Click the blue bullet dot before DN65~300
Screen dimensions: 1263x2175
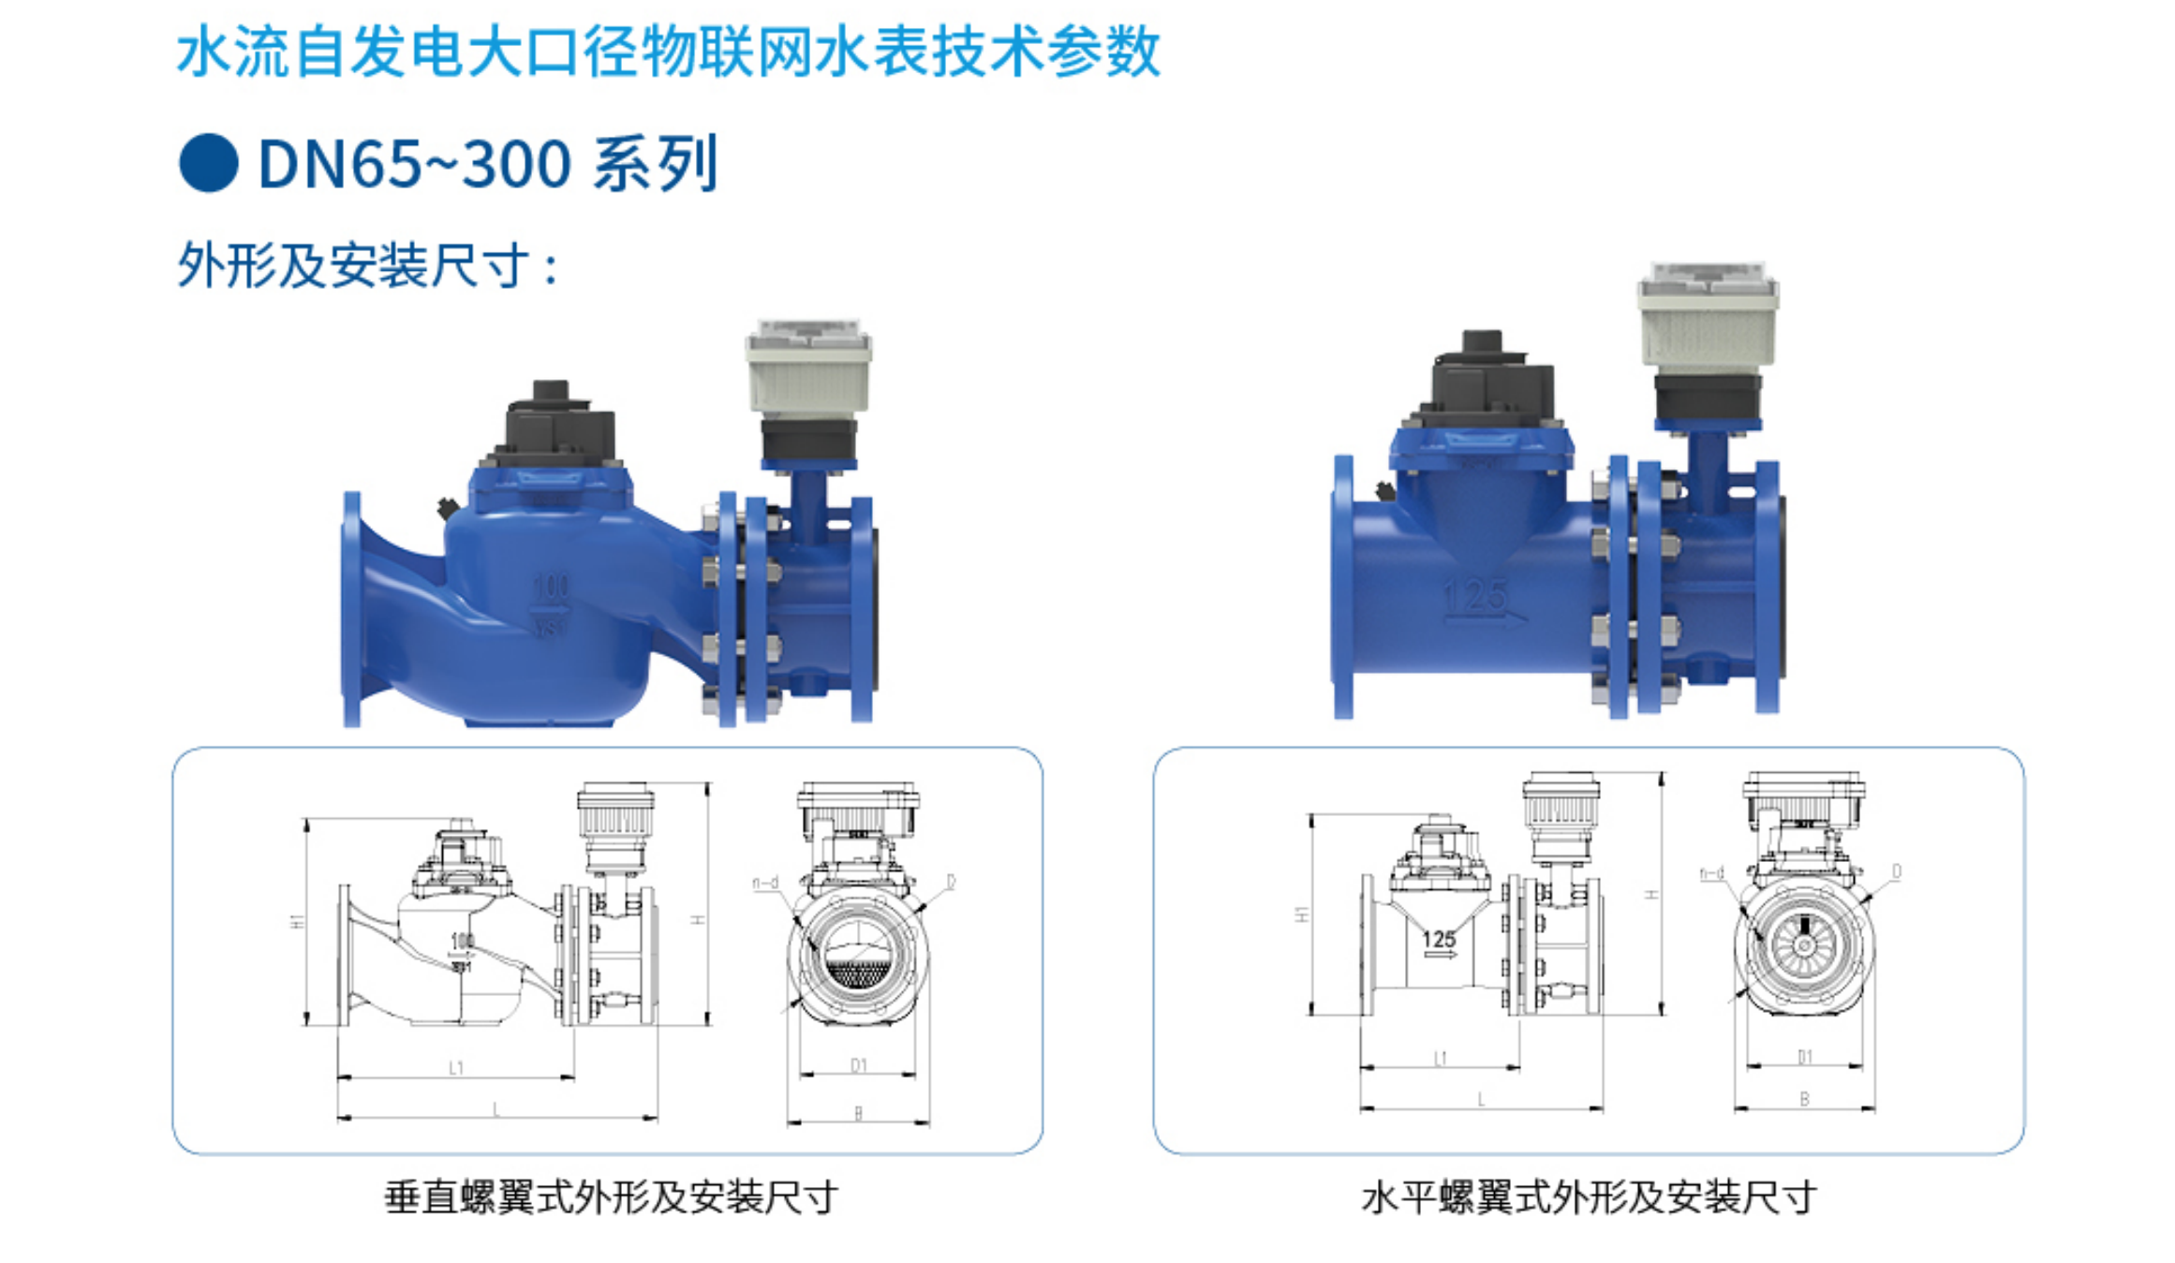208,164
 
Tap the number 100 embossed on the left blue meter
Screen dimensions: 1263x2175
551,587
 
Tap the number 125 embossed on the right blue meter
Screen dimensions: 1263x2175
1475,595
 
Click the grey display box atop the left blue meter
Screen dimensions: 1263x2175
808,368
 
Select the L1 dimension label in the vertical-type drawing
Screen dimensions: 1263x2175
456,1067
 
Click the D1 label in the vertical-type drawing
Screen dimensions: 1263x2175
859,1065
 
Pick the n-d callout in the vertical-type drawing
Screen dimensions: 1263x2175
765,883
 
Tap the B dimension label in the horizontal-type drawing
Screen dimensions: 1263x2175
1804,1099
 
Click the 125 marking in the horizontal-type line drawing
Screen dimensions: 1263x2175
1439,938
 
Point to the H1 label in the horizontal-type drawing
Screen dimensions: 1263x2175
1302,914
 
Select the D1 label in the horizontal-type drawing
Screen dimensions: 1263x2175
1805,1057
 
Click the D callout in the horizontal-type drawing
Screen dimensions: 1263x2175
1897,871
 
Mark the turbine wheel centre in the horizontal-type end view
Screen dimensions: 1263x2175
1804,943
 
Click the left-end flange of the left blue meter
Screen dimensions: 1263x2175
352,609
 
